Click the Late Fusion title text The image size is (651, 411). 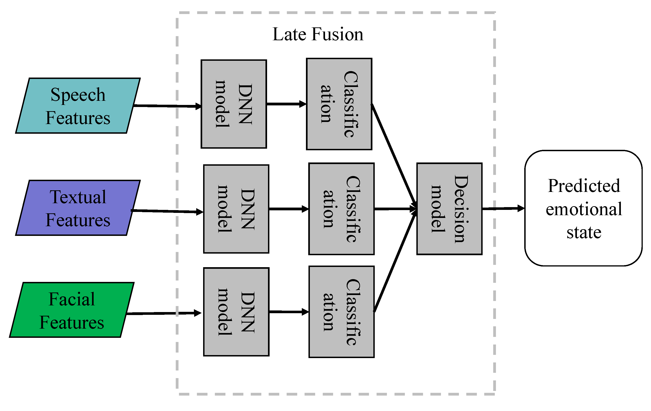click(318, 34)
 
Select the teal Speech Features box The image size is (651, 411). click(78, 106)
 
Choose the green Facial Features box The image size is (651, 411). click(72, 310)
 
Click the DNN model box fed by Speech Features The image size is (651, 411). click(234, 104)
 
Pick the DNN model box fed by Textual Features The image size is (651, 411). click(236, 209)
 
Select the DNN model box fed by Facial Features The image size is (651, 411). click(236, 312)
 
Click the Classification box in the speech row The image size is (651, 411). click(339, 104)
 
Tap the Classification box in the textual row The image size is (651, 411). click(341, 209)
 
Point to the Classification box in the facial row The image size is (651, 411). click(341, 312)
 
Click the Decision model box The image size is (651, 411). click(449, 209)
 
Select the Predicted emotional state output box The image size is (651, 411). click(584, 208)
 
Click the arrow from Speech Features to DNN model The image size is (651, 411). click(168, 106)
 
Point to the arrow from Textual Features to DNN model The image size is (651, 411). click(167, 211)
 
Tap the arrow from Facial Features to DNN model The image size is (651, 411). click(164, 313)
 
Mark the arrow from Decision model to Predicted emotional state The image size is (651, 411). click(503, 208)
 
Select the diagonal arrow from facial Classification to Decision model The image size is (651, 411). click(395, 261)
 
